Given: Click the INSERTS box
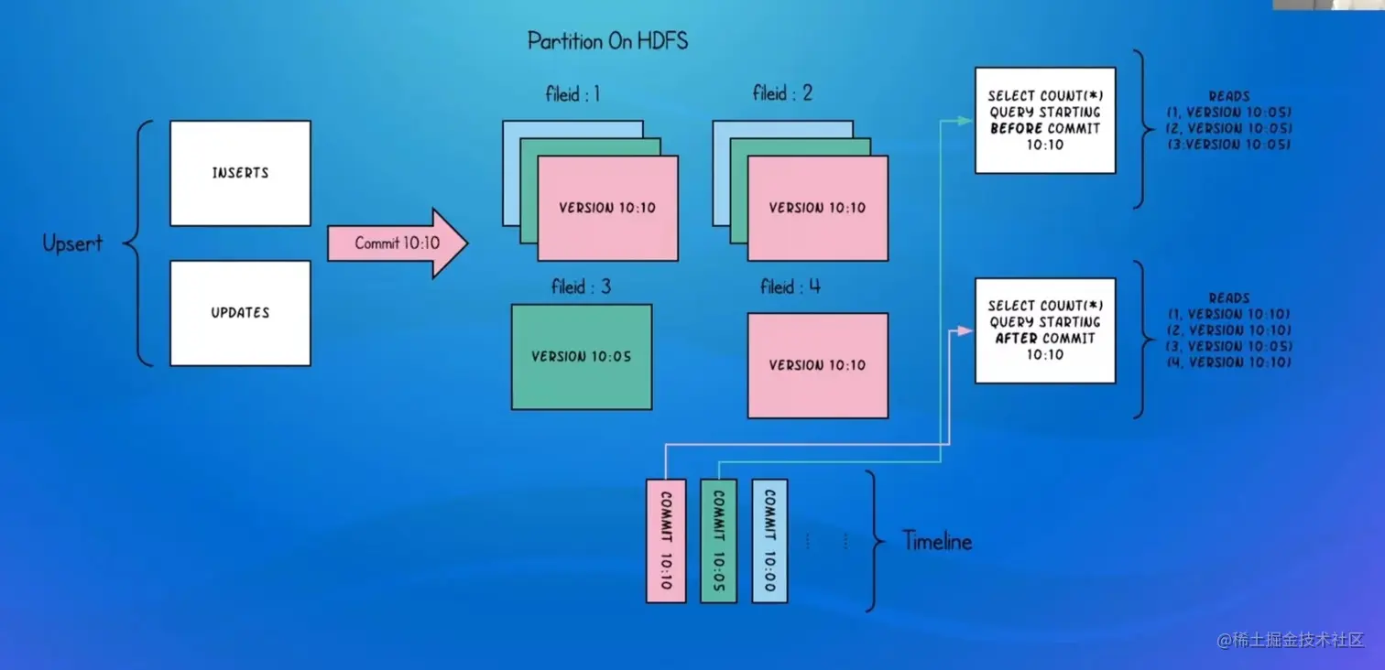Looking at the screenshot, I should coord(240,173).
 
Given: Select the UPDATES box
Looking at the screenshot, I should coord(240,313).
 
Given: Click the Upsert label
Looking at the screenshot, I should coord(72,243).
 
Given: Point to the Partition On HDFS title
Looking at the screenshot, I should coord(607,41).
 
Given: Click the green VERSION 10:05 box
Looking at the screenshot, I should coord(581,356).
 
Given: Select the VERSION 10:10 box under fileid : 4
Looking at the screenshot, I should coord(817,365).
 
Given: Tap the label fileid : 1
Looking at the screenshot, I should coord(573,93).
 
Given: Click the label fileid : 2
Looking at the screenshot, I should coord(782,93).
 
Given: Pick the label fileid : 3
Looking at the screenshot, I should coord(581,287).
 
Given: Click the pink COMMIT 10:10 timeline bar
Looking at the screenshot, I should coord(666,540).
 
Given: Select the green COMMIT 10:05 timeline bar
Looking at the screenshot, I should coord(718,540).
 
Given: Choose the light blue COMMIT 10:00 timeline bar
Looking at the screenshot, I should coord(769,540).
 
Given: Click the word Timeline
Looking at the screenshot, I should coord(937,541).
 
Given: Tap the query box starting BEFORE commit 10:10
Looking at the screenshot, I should coord(1045,120).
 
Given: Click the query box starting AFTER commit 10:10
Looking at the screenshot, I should coord(1045,330).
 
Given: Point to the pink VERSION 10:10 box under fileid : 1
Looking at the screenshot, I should coord(607,208).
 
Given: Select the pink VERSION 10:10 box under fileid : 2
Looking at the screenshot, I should coord(817,208).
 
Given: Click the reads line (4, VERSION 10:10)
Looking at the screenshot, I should coord(1229,363).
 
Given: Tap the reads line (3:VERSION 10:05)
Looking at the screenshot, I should coord(1229,145).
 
